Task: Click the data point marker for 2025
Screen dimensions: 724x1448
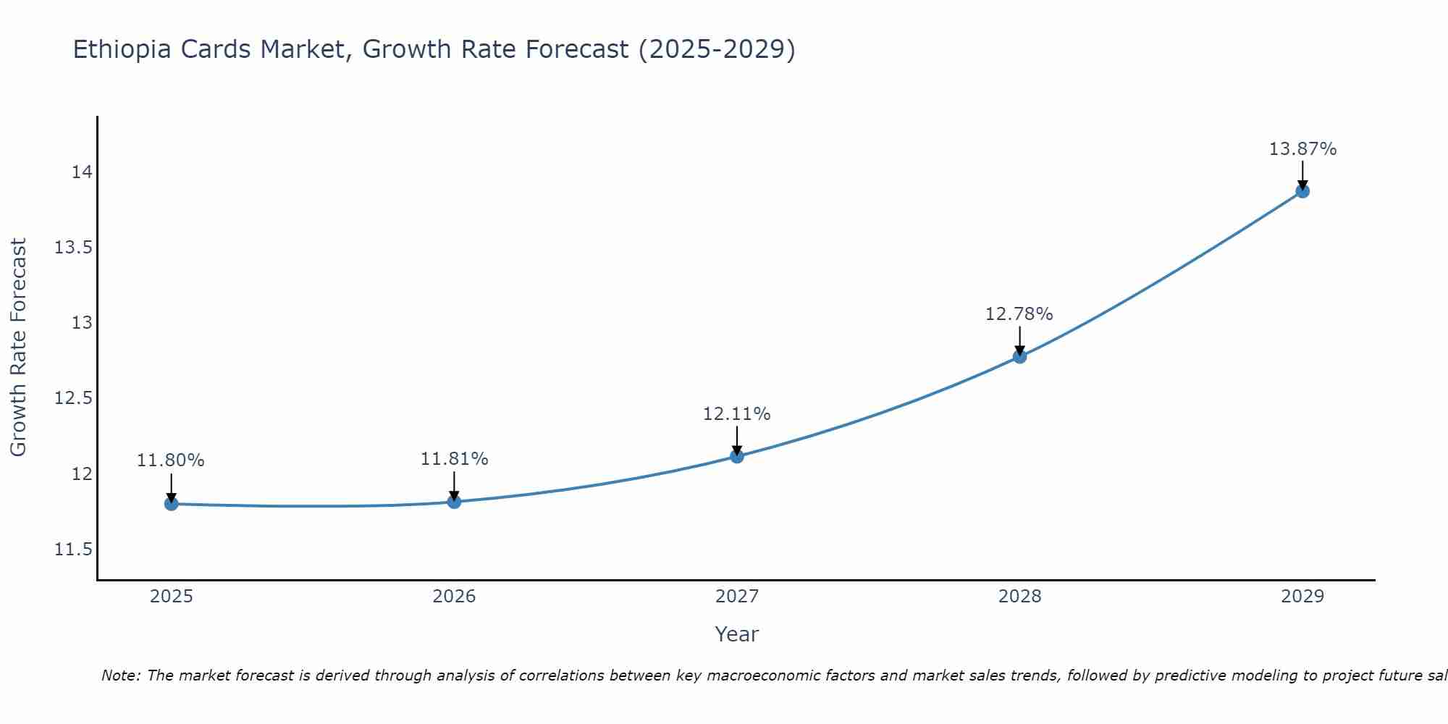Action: coord(172,503)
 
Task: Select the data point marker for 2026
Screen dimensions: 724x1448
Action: coord(454,502)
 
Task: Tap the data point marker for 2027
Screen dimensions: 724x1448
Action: coord(737,456)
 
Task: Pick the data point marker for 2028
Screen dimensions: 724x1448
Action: coord(1019,356)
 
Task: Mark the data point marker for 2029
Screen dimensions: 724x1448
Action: coord(1302,191)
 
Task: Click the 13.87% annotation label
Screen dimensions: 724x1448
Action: coord(1302,149)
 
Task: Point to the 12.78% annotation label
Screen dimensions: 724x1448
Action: coord(1019,314)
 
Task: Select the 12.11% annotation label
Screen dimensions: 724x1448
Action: coord(736,414)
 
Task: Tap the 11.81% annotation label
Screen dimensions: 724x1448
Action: coord(454,459)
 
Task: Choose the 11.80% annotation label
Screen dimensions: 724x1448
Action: coord(171,460)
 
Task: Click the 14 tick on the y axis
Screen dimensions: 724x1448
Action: coord(82,172)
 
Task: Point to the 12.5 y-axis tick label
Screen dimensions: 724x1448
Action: coord(74,398)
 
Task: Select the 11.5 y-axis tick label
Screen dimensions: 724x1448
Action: coord(74,550)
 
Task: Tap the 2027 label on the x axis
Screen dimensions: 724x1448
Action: coord(737,597)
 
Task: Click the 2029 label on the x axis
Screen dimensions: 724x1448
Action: coord(1302,597)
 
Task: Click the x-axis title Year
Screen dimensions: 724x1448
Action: coord(736,634)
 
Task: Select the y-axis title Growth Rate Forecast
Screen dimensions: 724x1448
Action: coord(18,348)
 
